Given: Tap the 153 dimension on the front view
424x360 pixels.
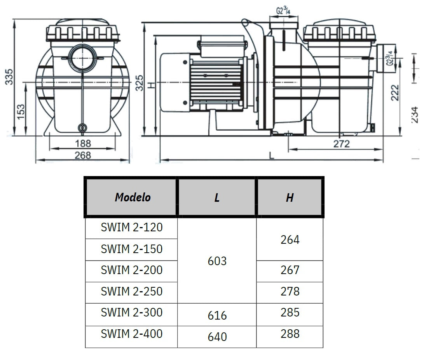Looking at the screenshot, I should pyautogui.click(x=21, y=112).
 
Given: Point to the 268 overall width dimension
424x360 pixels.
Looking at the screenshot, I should pyautogui.click(x=82, y=156).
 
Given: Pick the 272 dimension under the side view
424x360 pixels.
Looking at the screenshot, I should pyautogui.click(x=341, y=144).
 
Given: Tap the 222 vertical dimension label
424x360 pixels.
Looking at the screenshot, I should pyautogui.click(x=395, y=92).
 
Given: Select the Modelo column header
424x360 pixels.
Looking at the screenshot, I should pyautogui.click(x=133, y=197).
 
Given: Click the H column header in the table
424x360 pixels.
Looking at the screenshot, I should pyautogui.click(x=290, y=197).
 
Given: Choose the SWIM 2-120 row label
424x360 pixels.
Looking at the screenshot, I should pyautogui.click(x=131, y=227).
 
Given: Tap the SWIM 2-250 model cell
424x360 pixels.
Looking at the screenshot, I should pyautogui.click(x=131, y=291).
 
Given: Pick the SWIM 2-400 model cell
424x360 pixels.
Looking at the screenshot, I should pyautogui.click(x=131, y=334).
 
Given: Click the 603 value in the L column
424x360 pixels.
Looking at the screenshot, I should pyautogui.click(x=217, y=261).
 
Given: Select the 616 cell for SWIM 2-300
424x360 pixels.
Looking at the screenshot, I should pyautogui.click(x=217, y=315).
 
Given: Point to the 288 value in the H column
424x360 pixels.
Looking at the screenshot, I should pyautogui.click(x=290, y=334).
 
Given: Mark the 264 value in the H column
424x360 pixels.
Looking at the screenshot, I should pyautogui.click(x=290, y=240).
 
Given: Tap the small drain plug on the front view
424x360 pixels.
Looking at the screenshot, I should pyautogui.click(x=82, y=128).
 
